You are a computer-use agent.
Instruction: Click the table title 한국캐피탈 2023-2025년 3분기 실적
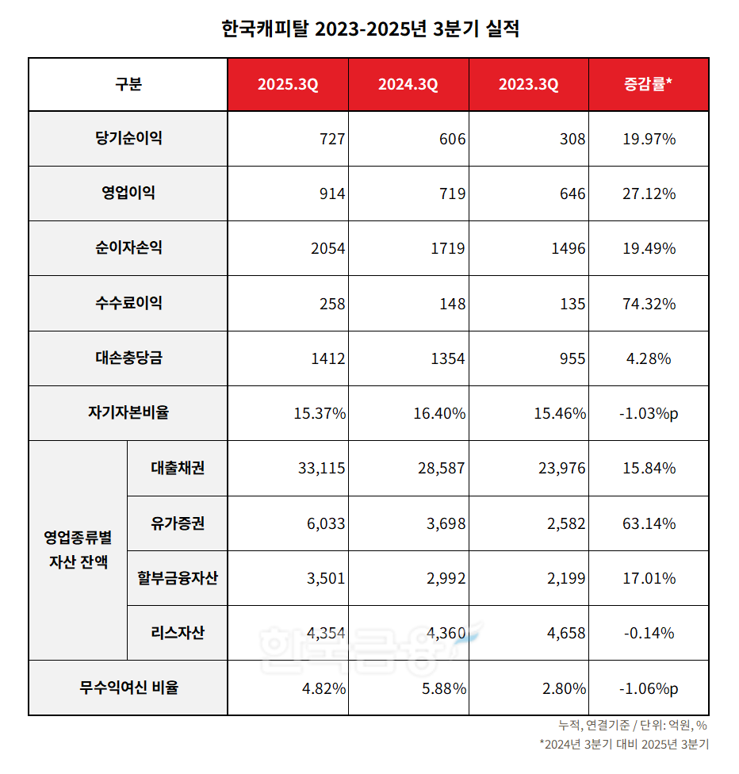pyautogui.click(x=370, y=29)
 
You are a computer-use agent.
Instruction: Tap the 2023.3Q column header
pyautogui.click(x=528, y=85)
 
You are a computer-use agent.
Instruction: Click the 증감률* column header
pyautogui.click(x=649, y=85)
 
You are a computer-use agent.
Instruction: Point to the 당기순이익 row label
pyautogui.click(x=128, y=139)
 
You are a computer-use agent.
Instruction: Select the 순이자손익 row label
pyautogui.click(x=128, y=248)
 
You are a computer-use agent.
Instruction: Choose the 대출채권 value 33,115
pyautogui.click(x=320, y=469)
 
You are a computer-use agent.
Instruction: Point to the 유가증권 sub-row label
pyautogui.click(x=178, y=523)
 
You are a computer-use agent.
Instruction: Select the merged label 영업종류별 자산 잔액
pyautogui.click(x=78, y=550)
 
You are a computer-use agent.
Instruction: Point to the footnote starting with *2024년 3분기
pyautogui.click(x=623, y=744)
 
